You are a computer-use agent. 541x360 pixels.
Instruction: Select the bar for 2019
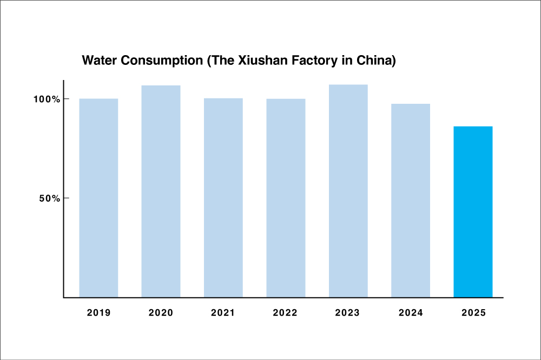[x=98, y=198]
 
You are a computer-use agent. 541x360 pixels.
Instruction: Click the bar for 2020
[x=161, y=191]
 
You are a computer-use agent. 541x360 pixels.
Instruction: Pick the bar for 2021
[x=223, y=198]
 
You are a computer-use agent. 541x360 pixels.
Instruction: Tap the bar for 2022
[x=286, y=198]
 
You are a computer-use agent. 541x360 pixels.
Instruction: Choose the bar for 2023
[x=348, y=191]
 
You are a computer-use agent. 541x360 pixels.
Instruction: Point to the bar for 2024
[x=411, y=201]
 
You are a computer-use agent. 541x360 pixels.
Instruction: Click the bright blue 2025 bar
[x=473, y=212]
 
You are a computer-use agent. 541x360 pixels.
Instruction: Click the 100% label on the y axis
[x=47, y=99]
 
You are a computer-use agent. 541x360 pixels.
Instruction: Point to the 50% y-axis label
[x=49, y=198]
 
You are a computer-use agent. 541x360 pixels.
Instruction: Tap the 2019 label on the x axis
[x=98, y=313]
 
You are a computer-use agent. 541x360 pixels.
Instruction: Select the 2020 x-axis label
[x=161, y=313]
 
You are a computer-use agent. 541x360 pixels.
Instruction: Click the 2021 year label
[x=223, y=313]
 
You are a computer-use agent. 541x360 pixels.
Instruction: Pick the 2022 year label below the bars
[x=285, y=313]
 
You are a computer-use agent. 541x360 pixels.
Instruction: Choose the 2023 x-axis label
[x=347, y=313]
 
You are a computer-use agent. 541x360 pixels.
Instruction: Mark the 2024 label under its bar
[x=411, y=313]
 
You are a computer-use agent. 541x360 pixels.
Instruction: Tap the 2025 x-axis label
[x=474, y=313]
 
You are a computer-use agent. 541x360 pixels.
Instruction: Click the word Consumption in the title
[x=162, y=61]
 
